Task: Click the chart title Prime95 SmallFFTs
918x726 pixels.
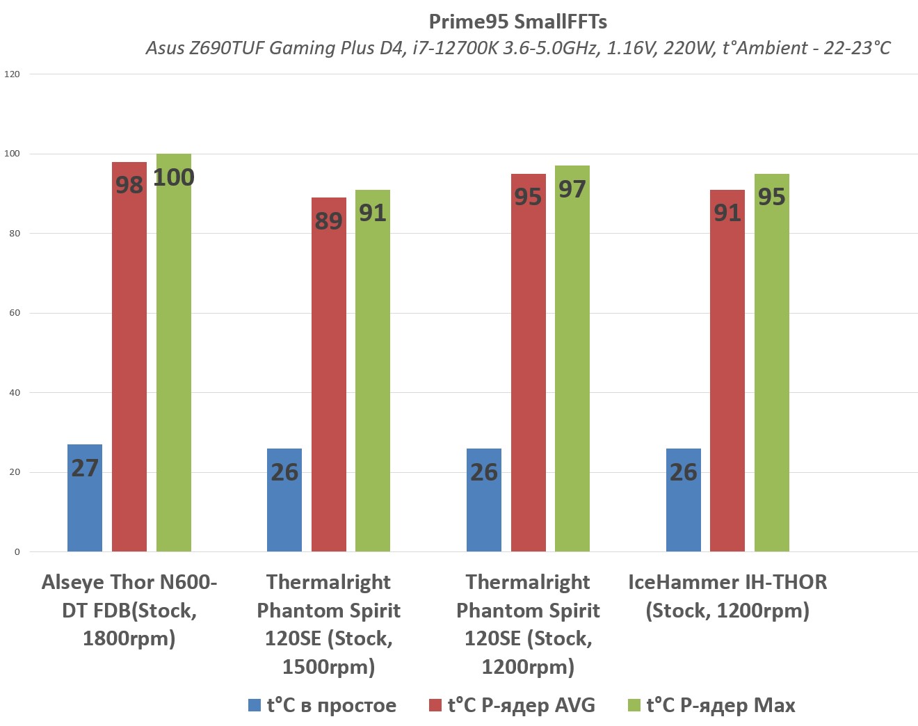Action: tap(517, 22)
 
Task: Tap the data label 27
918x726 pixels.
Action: tap(85, 468)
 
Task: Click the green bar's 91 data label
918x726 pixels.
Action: tap(373, 213)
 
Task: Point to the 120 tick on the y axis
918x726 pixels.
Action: tap(13, 74)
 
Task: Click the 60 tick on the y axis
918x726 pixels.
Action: tap(15, 313)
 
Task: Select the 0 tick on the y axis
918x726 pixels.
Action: tap(17, 552)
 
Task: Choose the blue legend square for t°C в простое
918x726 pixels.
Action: tap(255, 705)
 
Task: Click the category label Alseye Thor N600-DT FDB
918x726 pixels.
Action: tap(129, 610)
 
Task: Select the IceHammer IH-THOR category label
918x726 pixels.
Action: tap(727, 596)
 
